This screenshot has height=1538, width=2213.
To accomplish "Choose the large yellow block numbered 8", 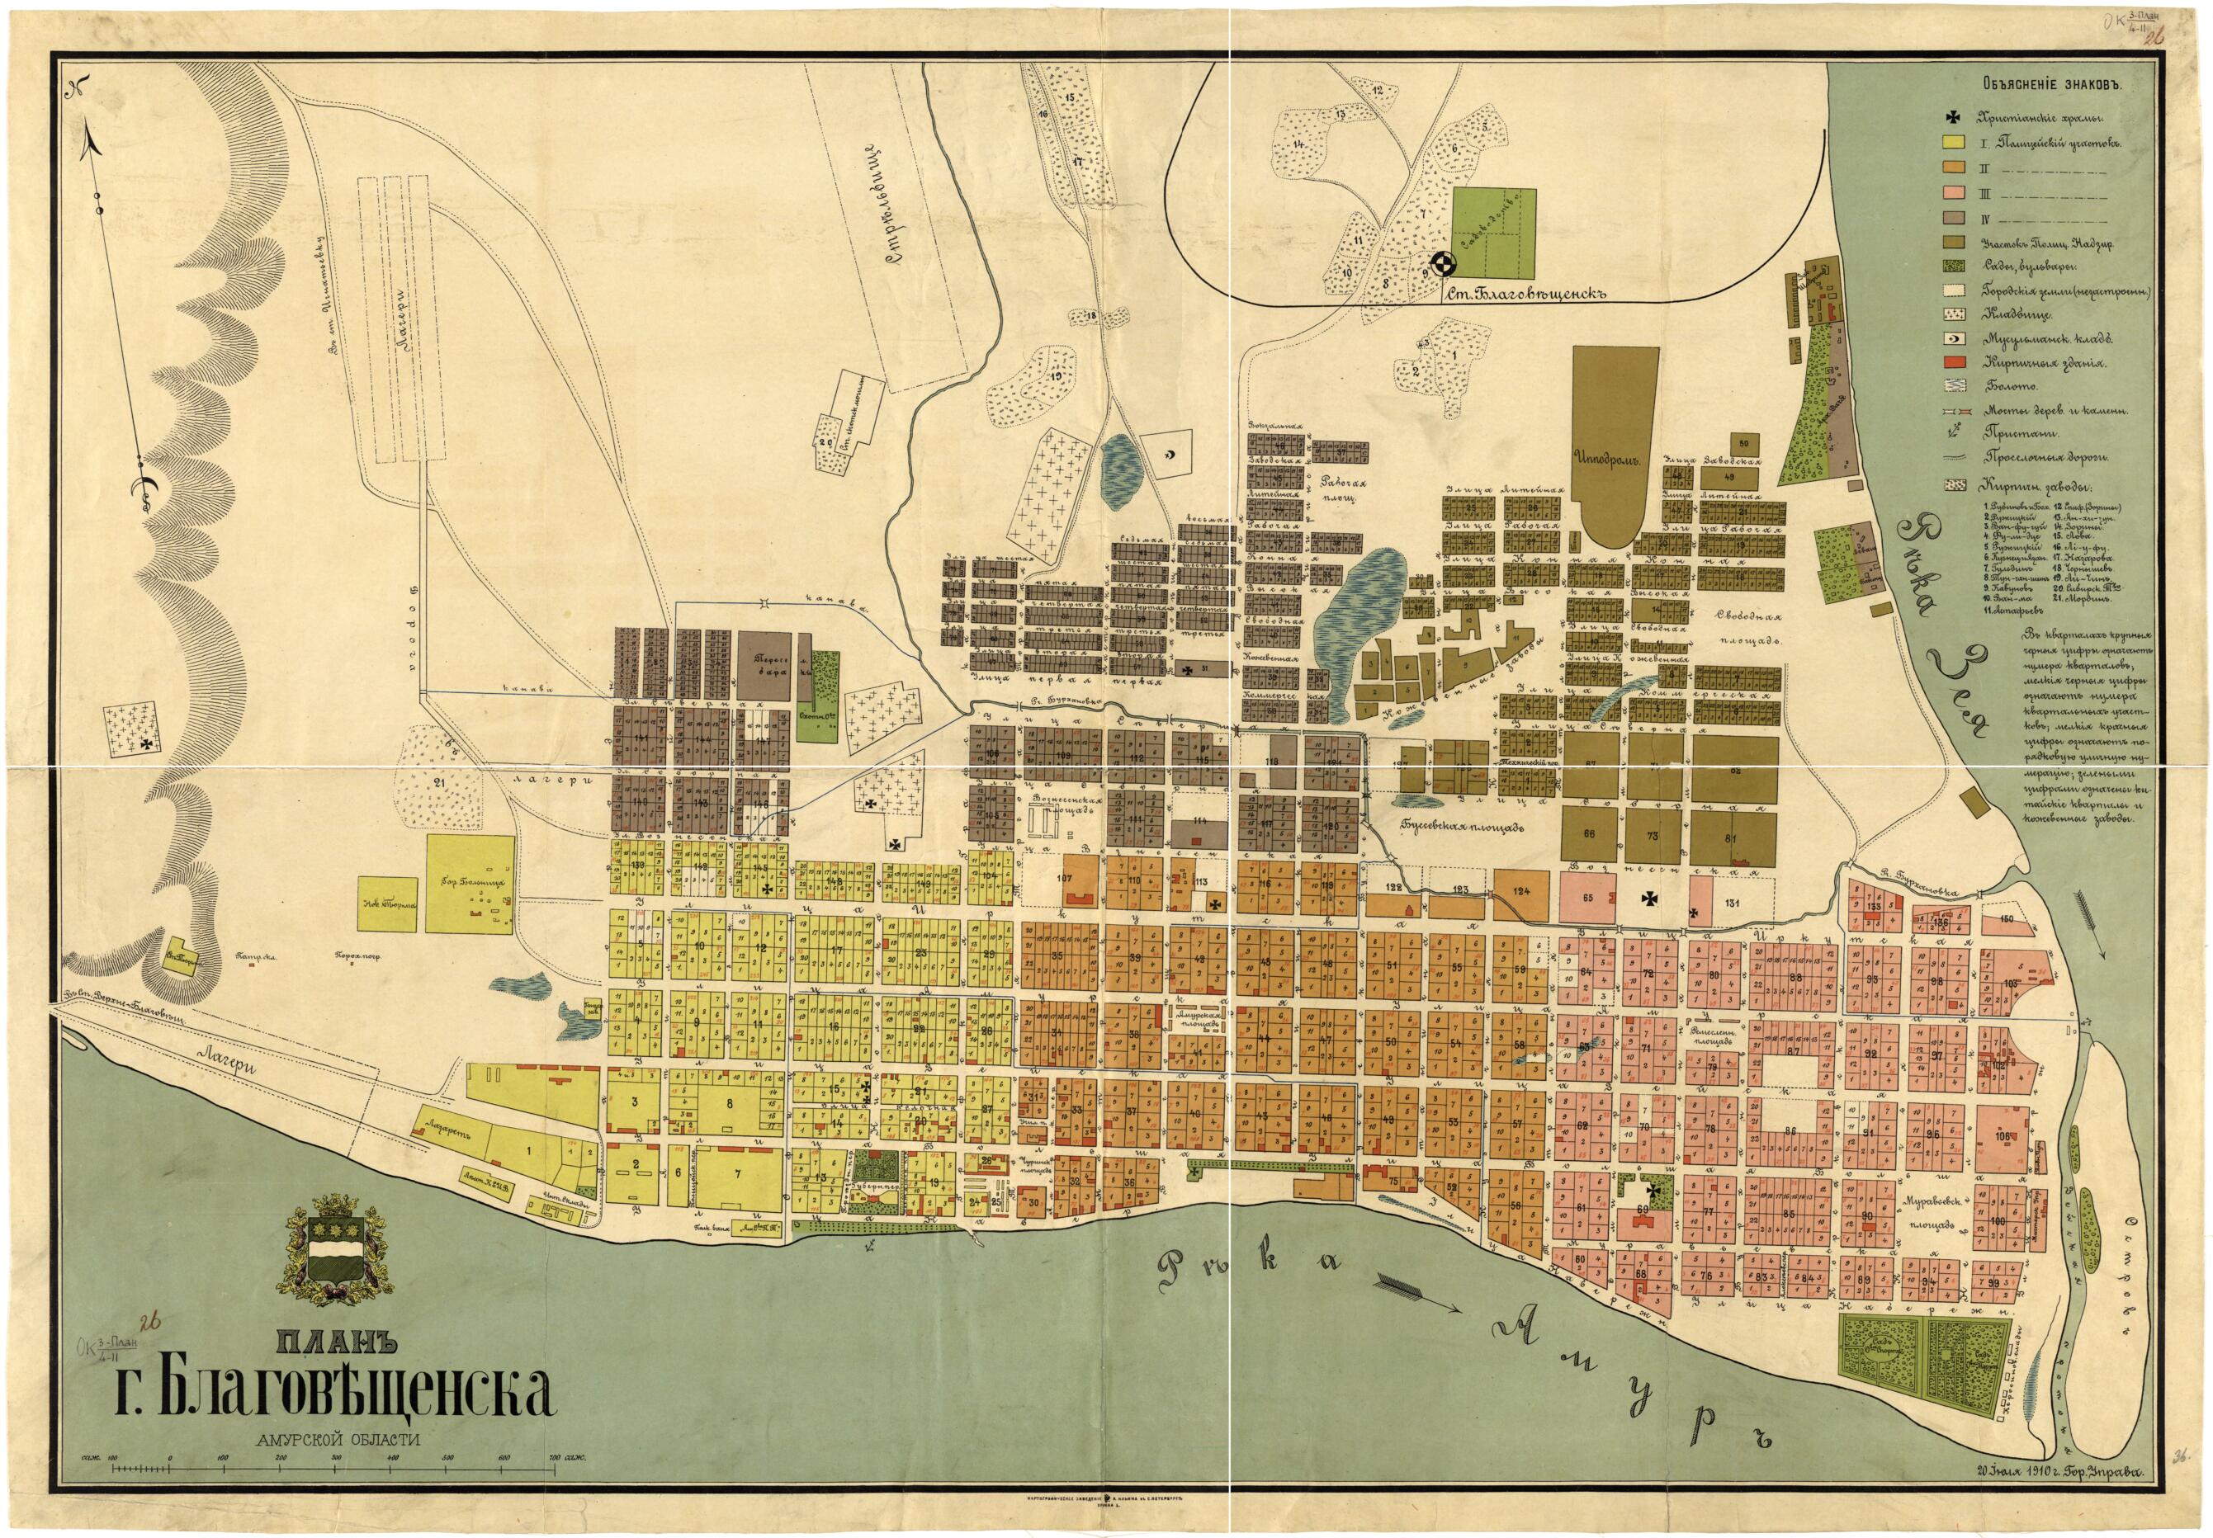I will [729, 1103].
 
